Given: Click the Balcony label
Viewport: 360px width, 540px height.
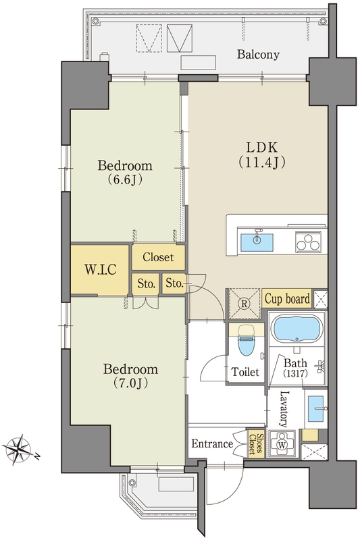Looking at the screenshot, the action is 258,55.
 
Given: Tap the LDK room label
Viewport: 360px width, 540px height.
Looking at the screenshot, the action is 262,147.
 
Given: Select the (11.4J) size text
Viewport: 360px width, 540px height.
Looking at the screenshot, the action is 262,162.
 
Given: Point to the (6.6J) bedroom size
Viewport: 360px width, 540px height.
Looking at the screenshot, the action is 125,180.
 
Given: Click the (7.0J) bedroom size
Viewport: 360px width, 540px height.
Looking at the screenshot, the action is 131,383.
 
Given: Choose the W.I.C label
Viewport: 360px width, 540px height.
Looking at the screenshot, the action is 101,269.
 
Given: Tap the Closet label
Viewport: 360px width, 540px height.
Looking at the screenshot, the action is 158,257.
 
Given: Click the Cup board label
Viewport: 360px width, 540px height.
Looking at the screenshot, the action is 287,298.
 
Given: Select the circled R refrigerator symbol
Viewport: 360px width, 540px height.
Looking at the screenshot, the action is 245,304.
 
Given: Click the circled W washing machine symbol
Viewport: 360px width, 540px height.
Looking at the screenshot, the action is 282,445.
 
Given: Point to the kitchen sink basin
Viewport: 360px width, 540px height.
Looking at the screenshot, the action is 257,242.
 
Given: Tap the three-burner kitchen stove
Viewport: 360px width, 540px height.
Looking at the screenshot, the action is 308,241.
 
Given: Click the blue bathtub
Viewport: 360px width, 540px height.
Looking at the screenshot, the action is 297,330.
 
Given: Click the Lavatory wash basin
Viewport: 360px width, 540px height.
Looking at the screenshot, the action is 316,408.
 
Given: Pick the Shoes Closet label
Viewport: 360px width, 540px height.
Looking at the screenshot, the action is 256,444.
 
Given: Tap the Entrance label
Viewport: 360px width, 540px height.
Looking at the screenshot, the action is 212,444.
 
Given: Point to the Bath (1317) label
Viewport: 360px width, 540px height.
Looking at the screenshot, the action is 296,367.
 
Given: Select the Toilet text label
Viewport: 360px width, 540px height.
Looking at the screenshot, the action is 245,372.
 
